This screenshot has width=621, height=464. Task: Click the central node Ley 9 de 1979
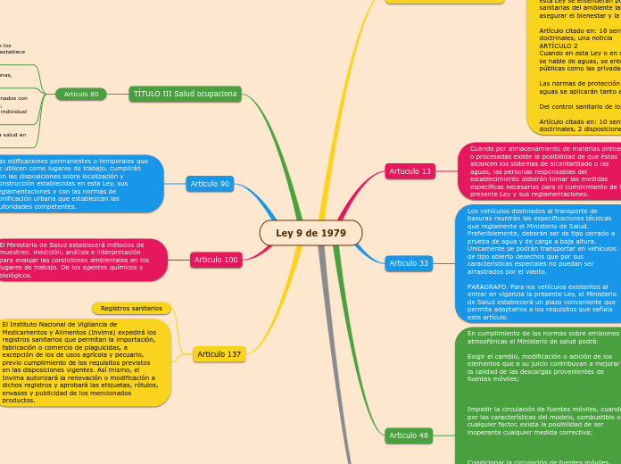[310, 233]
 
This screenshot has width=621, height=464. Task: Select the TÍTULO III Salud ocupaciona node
[186, 94]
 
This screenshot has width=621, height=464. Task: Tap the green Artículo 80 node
[81, 94]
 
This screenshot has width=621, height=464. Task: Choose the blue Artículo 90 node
[211, 184]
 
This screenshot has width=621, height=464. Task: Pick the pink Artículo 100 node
[216, 260]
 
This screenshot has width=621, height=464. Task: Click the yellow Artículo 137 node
[219, 354]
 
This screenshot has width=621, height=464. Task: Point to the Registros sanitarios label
[131, 308]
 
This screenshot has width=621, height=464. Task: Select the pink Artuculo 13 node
[410, 170]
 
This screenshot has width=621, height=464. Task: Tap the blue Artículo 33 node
[409, 263]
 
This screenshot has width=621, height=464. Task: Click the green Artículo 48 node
[409, 435]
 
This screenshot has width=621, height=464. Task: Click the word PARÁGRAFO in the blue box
[488, 286]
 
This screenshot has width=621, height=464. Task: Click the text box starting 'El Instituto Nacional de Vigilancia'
[82, 362]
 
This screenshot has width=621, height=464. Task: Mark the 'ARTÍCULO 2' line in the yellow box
[559, 46]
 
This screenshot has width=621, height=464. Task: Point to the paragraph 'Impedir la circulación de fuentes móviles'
[542, 421]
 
